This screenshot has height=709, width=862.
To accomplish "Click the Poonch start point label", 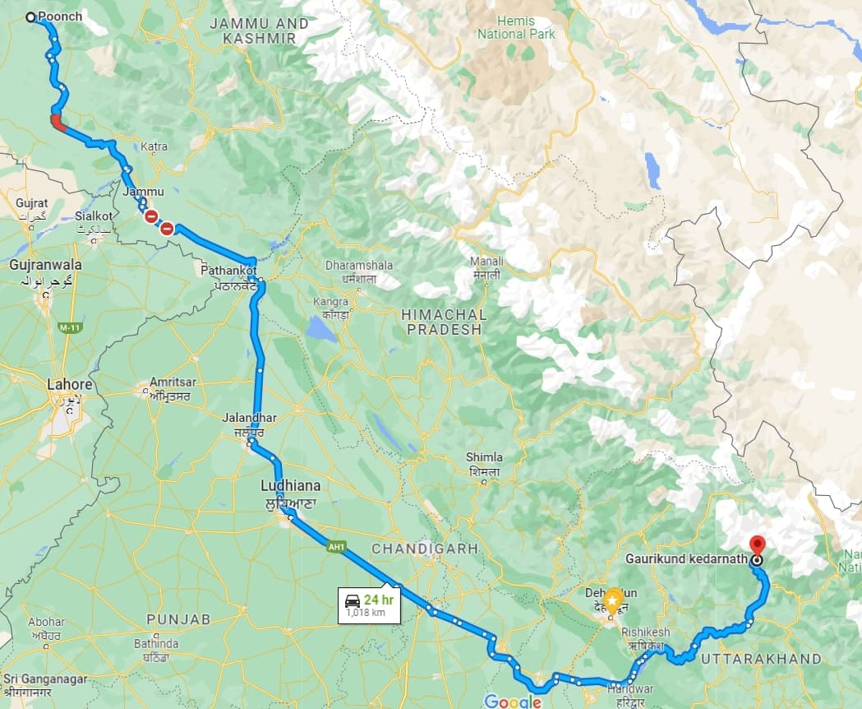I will click(60, 16).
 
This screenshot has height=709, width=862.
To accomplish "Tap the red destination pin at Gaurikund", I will click(757, 545).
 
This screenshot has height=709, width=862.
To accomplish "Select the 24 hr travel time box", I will click(370, 605).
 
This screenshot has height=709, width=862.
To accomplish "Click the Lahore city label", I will click(69, 384).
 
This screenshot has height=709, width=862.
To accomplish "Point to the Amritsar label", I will click(169, 383).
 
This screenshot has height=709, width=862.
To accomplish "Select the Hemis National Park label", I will click(517, 27).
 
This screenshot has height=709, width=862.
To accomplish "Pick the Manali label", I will click(486, 262).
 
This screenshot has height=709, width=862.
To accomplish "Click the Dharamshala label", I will click(358, 266).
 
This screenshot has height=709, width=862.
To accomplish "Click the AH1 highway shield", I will click(334, 545).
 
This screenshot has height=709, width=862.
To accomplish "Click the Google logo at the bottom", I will click(513, 701).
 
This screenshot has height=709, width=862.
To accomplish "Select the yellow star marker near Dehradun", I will click(613, 600).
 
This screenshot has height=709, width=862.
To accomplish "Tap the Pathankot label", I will click(228, 270).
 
